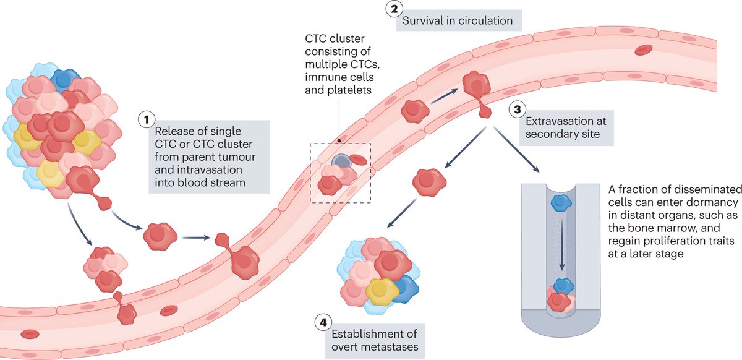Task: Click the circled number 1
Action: pyautogui.click(x=147, y=119)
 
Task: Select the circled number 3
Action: pyautogui.click(x=516, y=110)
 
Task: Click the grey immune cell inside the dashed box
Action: pyautogui.click(x=341, y=161)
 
